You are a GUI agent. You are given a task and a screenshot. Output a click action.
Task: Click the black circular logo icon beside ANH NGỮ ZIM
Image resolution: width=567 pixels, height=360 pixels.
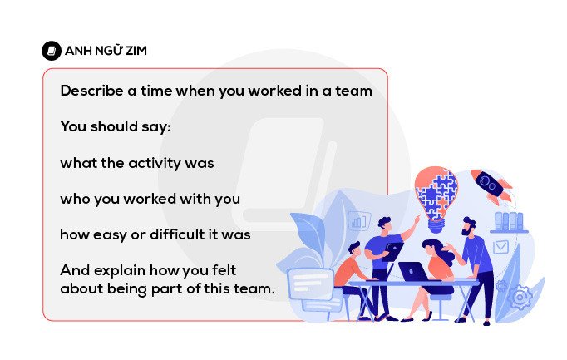(x=52, y=51)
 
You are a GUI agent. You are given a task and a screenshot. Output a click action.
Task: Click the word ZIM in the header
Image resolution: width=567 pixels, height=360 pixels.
(x=134, y=51)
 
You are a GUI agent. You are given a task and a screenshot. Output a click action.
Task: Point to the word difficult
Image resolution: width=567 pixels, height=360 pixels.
(x=173, y=234)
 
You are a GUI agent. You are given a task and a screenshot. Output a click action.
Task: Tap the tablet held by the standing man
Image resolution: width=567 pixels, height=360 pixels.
(x=394, y=249)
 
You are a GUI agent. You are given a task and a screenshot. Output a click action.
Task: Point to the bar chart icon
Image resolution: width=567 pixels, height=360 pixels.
(x=359, y=220)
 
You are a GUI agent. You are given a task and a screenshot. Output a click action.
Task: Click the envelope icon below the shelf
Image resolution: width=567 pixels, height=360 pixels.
(x=500, y=247)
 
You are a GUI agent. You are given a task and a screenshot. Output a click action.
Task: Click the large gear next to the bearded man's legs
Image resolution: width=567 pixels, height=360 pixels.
(x=520, y=296)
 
